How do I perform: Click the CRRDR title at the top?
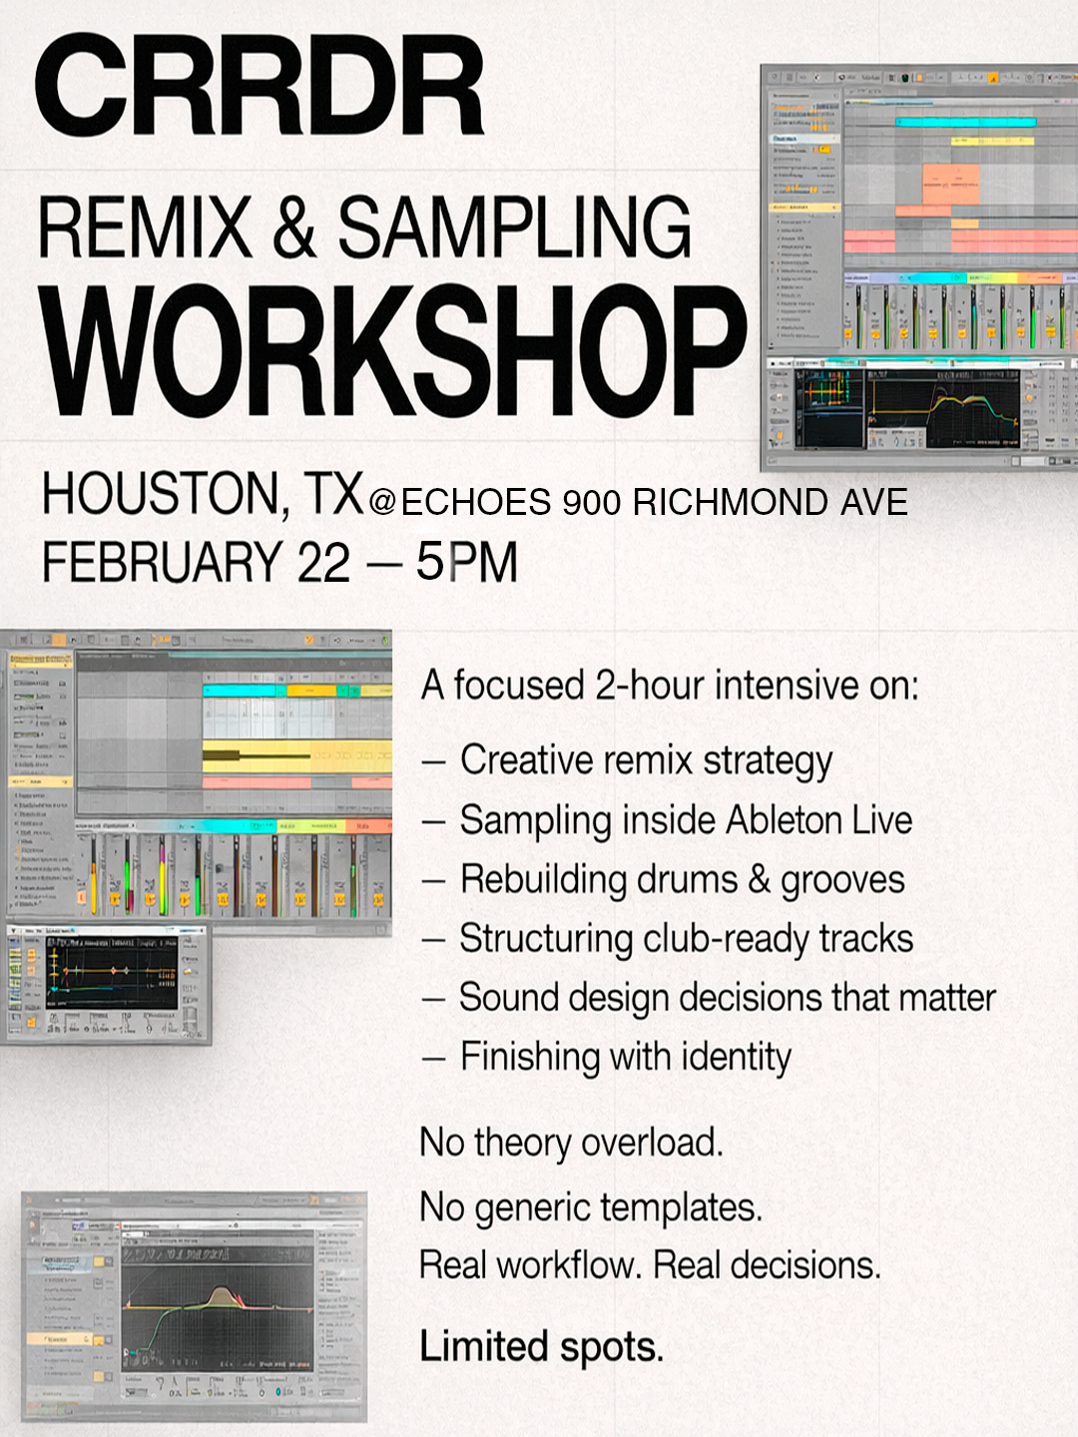260,86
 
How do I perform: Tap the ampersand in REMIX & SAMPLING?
293,228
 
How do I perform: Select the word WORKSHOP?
393,351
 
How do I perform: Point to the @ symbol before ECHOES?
382,502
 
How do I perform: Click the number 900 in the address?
592,502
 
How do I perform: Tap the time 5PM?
467,562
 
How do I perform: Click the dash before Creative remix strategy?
432,762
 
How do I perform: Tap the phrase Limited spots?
541,1346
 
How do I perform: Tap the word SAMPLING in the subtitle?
514,228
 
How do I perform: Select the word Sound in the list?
504,998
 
